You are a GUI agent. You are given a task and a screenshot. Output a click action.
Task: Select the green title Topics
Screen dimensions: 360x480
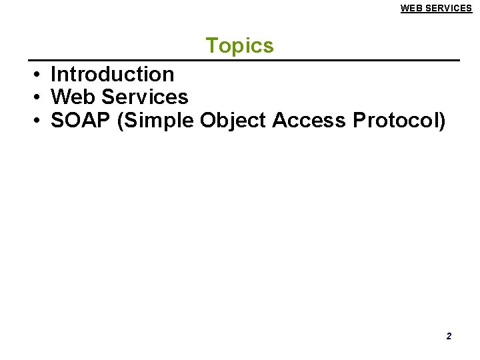(x=239, y=45)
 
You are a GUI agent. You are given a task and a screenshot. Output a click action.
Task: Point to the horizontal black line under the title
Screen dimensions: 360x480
(x=244, y=61)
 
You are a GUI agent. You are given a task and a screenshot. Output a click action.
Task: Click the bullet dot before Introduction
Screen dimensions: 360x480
(x=39, y=75)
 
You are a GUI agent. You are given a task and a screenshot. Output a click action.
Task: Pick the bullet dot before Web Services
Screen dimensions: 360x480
(x=39, y=97)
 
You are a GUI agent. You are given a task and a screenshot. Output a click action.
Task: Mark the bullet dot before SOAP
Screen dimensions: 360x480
(x=39, y=121)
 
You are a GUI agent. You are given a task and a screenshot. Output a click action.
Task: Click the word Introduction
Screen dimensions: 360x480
(x=112, y=74)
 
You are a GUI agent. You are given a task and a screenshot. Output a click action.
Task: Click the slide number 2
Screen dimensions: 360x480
(x=449, y=336)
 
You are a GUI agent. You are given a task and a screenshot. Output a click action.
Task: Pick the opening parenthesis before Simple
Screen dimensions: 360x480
(x=120, y=121)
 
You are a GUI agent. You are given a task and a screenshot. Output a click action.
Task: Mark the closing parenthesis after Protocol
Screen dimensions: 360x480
(x=442, y=121)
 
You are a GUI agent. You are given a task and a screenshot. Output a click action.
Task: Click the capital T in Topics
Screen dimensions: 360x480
(x=211, y=45)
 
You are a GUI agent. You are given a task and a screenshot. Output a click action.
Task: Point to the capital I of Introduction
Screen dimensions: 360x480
(x=53, y=74)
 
